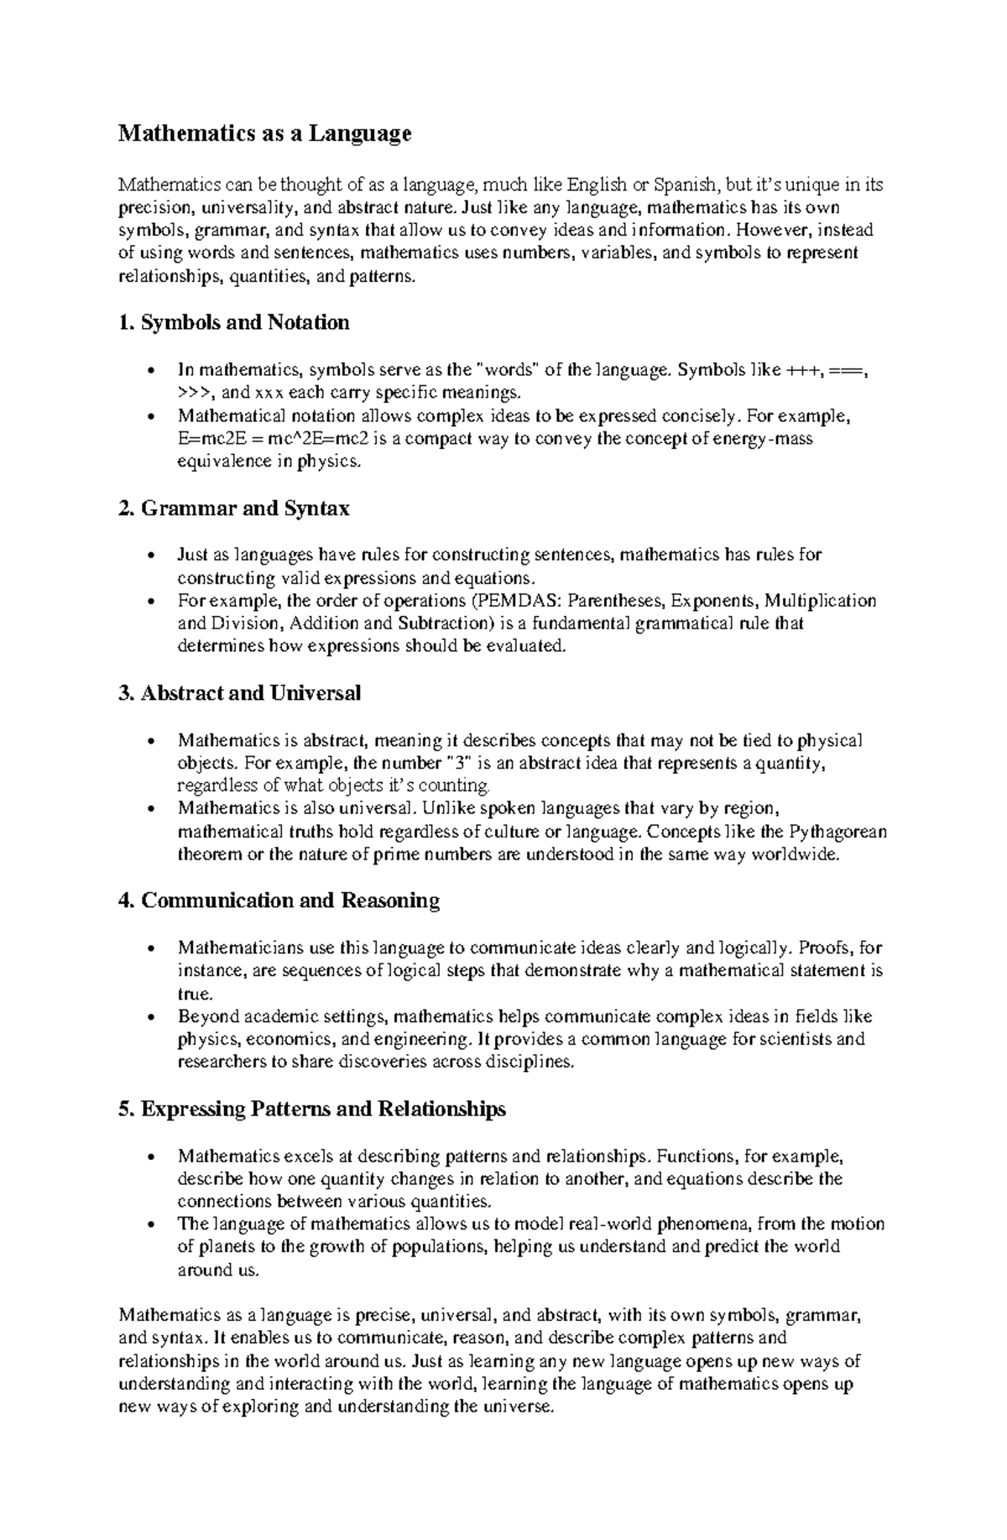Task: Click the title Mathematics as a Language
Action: pyautogui.click(x=264, y=133)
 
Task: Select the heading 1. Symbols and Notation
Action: pyautogui.click(x=234, y=322)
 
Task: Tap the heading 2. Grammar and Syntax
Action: pyautogui.click(x=234, y=509)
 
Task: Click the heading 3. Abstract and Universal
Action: pyautogui.click(x=240, y=693)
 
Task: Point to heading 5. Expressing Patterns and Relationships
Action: pyautogui.click(x=312, y=1109)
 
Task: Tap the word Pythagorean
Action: pyautogui.click(x=837, y=832)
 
